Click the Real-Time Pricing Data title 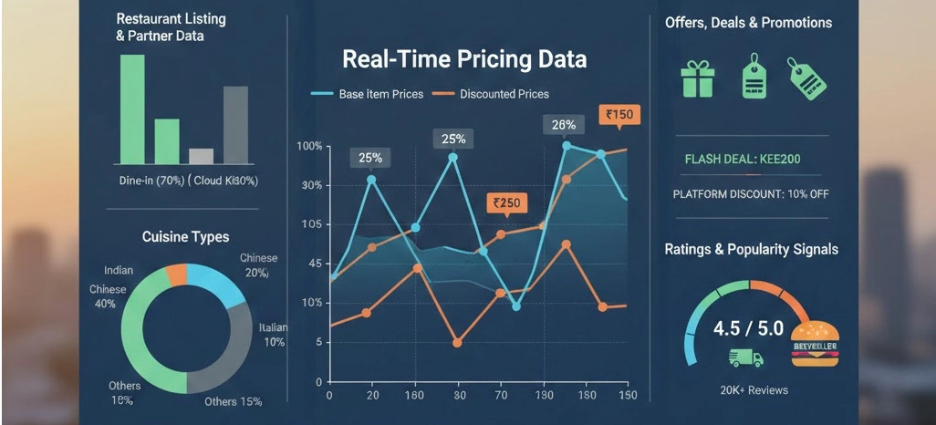(464, 60)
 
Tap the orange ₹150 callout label (619, 115)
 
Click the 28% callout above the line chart (563, 125)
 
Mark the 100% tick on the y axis (310, 147)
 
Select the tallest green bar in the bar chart (132, 109)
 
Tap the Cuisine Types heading (185, 237)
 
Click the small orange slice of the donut (176, 274)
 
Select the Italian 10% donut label (274, 335)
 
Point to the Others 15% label (233, 401)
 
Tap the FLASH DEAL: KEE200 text (742, 160)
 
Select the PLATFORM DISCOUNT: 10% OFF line (750, 194)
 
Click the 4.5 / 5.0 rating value (747, 328)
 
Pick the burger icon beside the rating (814, 344)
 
